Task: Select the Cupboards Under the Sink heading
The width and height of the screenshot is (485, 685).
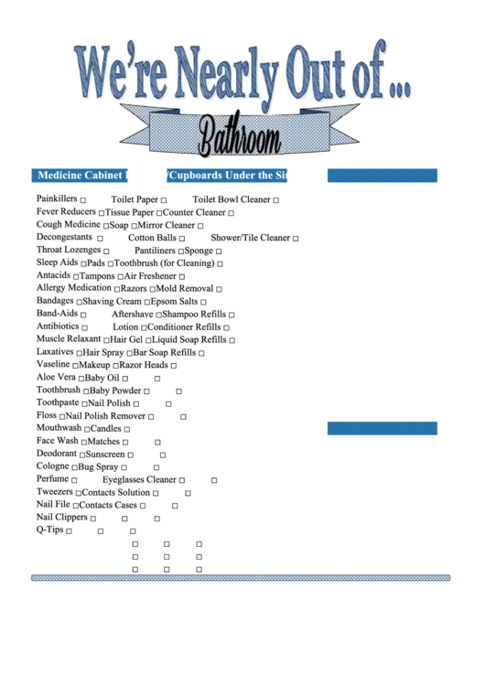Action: click(x=227, y=176)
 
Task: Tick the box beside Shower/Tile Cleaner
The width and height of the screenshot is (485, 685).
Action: click(x=296, y=239)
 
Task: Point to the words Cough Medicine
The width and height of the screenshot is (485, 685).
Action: click(x=68, y=224)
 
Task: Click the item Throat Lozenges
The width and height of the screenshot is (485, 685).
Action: click(x=68, y=250)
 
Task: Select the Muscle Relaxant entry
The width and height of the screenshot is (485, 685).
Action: click(x=69, y=339)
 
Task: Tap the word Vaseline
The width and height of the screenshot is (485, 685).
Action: click(x=53, y=364)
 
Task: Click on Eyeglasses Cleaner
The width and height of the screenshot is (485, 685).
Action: click(x=139, y=479)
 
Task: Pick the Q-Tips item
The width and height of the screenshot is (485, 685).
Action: click(x=49, y=530)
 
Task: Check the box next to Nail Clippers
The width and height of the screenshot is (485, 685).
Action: click(x=93, y=519)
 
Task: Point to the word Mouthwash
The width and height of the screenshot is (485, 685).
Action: click(x=59, y=428)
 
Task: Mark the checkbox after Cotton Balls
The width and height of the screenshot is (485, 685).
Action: click(x=182, y=239)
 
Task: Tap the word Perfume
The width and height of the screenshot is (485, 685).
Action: click(x=52, y=479)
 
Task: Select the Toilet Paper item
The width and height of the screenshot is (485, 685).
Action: click(x=135, y=199)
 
